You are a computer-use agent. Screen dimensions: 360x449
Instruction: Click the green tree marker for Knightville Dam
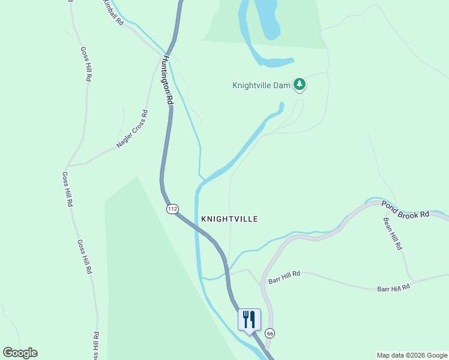(x=300, y=85)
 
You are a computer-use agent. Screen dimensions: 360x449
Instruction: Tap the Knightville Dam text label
(x=262, y=85)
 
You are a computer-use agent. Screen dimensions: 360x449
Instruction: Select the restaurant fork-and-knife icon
(x=250, y=319)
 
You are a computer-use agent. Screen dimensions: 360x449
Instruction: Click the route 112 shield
(x=173, y=209)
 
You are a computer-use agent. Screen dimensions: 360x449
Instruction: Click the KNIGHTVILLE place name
(x=230, y=219)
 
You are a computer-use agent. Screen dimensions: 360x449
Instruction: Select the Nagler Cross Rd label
(x=132, y=129)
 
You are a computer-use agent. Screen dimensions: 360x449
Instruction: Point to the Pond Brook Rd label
(x=406, y=209)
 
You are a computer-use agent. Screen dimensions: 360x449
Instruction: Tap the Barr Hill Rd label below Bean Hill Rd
(x=393, y=288)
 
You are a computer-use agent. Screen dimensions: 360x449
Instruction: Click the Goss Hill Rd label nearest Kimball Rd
(x=85, y=64)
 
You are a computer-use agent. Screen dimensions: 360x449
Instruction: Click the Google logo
(x=20, y=353)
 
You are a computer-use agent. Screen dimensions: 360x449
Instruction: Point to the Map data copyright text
(x=412, y=355)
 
